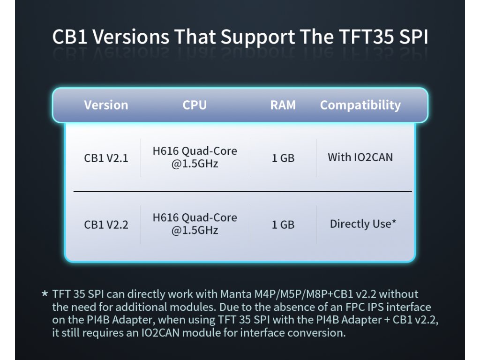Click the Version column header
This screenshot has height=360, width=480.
[106, 105]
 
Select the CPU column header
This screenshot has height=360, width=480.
[195, 105]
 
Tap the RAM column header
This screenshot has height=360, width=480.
[283, 105]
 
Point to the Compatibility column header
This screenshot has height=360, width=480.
[360, 105]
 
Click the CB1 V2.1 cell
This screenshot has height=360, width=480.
[106, 158]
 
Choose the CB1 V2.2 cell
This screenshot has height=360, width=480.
[106, 225]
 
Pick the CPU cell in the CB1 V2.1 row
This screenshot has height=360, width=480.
[195, 157]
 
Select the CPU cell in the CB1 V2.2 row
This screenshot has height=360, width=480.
[195, 224]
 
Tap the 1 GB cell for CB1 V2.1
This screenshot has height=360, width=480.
[283, 158]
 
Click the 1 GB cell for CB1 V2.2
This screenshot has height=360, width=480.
[283, 225]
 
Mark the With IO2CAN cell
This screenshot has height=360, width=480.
[360, 157]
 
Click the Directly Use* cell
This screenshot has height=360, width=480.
[363, 224]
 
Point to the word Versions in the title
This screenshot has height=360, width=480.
[131, 37]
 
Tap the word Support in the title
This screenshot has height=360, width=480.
[258, 37]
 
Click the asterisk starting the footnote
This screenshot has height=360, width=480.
[45, 293]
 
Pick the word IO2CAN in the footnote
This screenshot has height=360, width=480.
[160, 333]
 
